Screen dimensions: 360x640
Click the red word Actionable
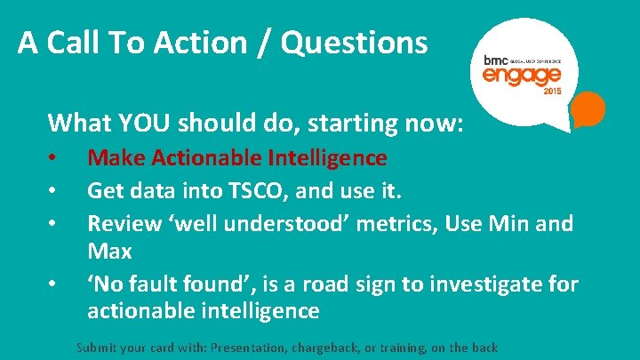click(204, 158)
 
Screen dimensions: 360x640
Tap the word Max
click(109, 252)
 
